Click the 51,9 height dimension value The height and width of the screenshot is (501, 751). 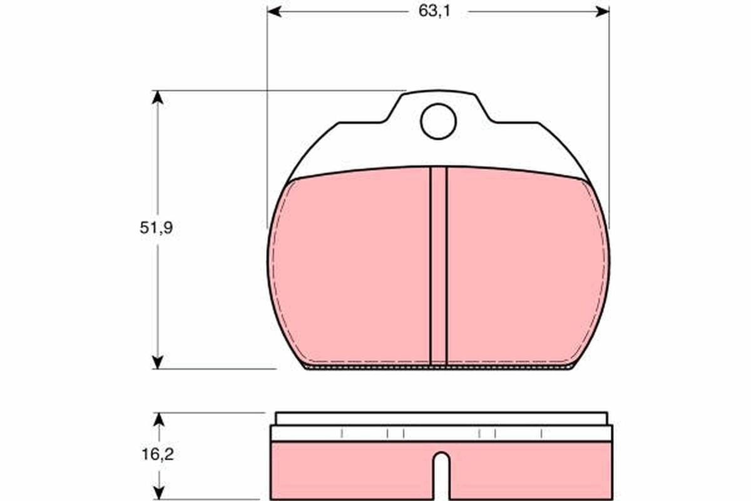pos(156,227)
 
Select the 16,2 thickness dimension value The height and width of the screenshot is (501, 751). pos(156,455)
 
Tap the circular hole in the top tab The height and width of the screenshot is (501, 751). pos(438,121)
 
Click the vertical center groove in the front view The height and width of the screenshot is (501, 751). pos(438,266)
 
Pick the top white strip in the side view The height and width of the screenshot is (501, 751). pos(441,418)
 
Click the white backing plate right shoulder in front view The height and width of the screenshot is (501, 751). pos(532,150)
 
